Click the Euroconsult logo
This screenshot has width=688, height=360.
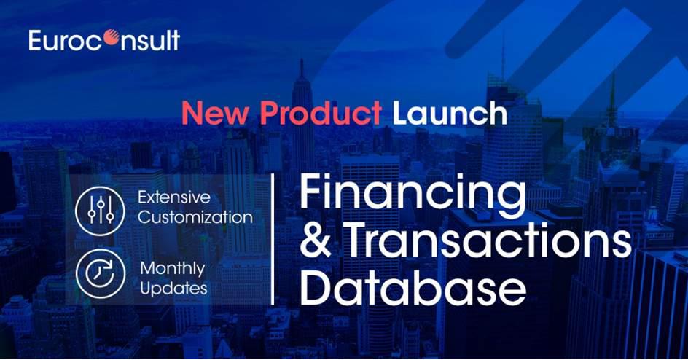(104, 40)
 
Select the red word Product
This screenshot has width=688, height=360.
(321, 113)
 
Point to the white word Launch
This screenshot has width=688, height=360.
(450, 113)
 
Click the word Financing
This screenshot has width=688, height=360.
(413, 193)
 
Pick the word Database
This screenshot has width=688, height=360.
(413, 287)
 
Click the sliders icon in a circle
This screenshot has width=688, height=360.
(101, 211)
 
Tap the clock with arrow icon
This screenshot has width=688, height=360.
(101, 273)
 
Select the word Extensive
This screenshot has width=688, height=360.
(174, 197)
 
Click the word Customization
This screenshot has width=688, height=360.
(195, 217)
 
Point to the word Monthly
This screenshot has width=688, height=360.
(173, 269)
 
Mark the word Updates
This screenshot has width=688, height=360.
(173, 289)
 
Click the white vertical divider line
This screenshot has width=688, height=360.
(273, 239)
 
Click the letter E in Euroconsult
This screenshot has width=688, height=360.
(35, 40)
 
